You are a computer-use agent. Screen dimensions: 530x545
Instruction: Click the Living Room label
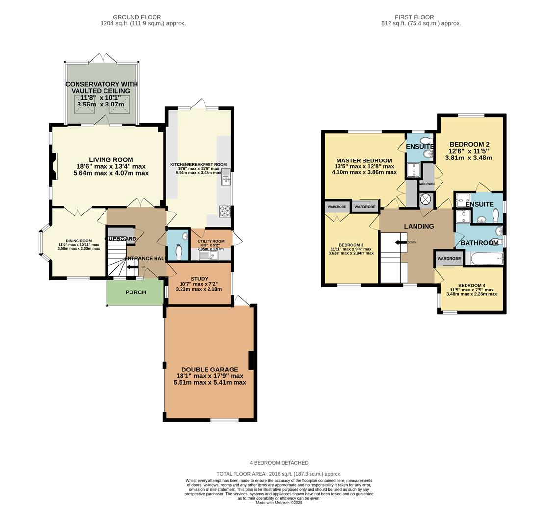[111, 160]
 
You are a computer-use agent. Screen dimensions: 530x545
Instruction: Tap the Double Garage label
[209, 370]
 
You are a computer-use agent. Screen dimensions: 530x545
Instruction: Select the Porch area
[135, 292]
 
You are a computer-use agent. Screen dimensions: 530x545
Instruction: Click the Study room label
[199, 279]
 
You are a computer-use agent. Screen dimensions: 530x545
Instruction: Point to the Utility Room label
[211, 241]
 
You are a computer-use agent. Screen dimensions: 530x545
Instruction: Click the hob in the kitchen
[225, 211]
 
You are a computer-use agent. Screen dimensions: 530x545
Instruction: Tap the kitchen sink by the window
[226, 178]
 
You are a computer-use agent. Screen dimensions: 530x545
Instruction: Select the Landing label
[418, 226]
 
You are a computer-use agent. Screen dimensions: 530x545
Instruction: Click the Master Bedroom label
[364, 160]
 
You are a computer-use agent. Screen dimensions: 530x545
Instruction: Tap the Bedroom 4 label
[471, 286]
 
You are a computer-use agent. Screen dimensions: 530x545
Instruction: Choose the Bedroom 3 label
[351, 245]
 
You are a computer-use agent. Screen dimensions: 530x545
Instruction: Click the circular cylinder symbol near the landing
[426, 199]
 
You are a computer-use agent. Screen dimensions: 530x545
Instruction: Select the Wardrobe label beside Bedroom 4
[449, 259]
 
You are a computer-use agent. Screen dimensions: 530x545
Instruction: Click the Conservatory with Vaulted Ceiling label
[102, 87]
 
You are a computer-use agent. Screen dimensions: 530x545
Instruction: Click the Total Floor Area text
[279, 474]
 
